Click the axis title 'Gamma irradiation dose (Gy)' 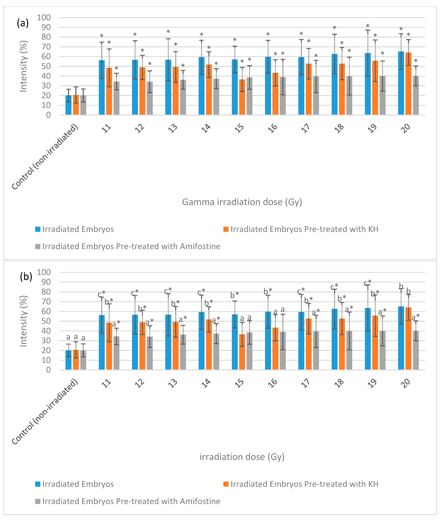click(x=242, y=202)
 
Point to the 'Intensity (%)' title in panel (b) click(x=23, y=321)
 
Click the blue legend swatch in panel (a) click(x=38, y=229)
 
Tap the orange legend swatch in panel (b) click(x=226, y=484)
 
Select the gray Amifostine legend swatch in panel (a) click(x=38, y=246)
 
